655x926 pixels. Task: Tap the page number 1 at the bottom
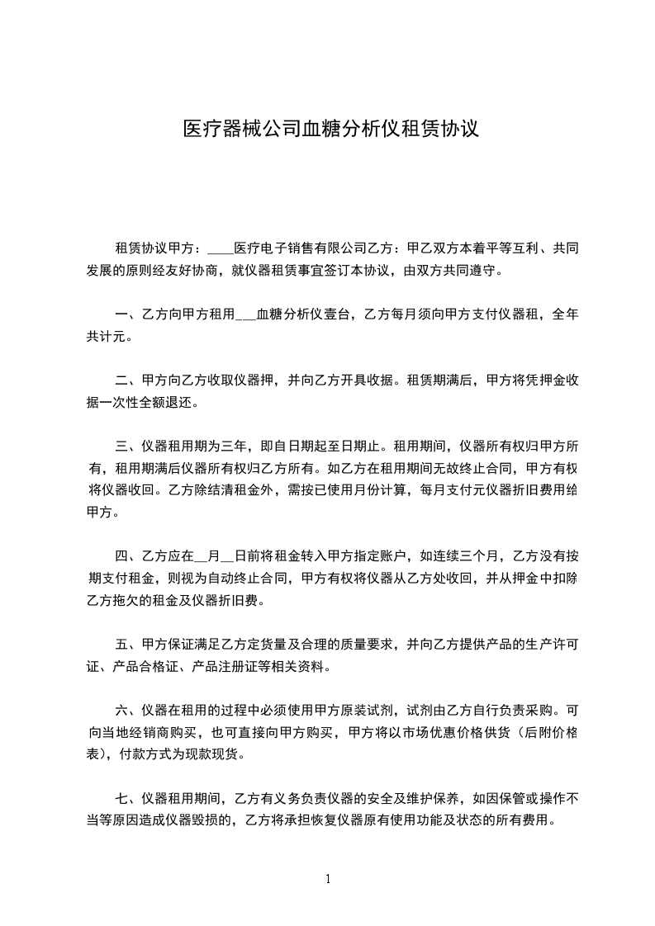click(x=328, y=879)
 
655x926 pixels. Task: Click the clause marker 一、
click(x=128, y=314)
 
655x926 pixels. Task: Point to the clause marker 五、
click(x=128, y=644)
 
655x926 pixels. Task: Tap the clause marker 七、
click(x=128, y=799)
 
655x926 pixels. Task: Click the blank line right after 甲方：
click(x=221, y=248)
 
